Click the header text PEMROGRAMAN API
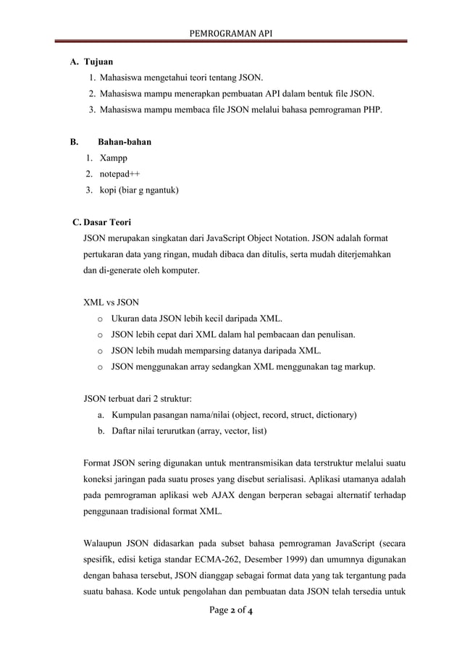(230, 33)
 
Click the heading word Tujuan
(98, 62)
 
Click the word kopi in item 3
(109, 190)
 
